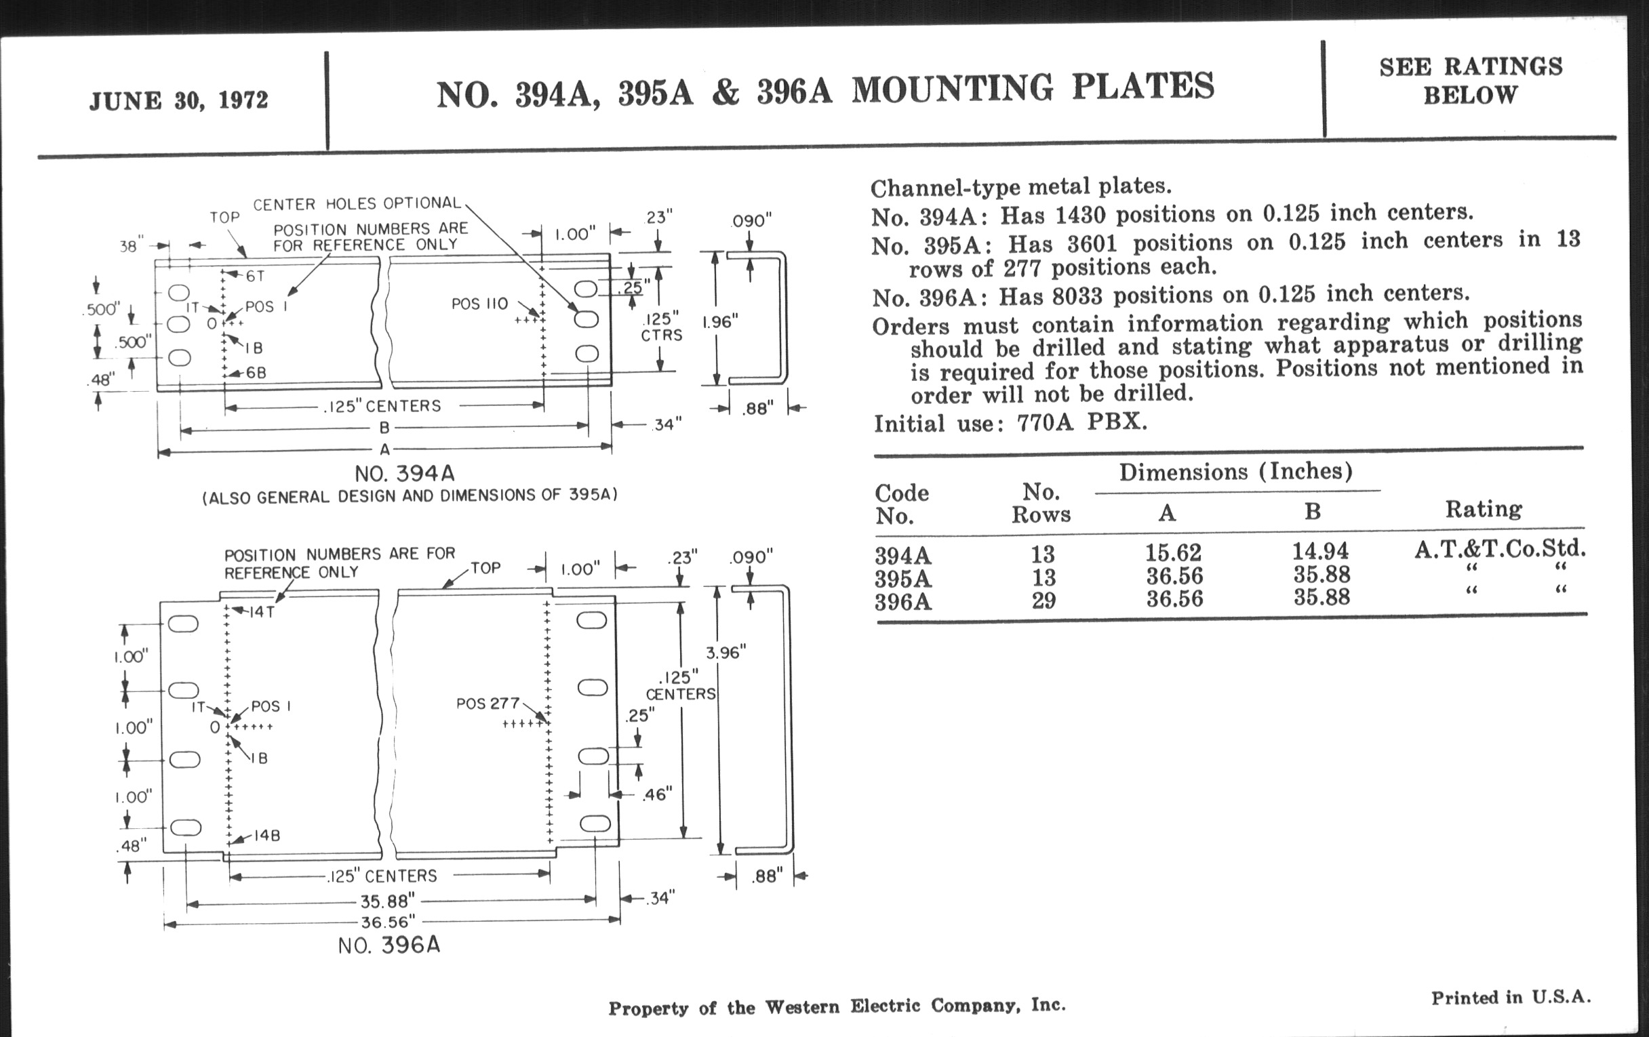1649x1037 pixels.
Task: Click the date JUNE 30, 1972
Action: pyautogui.click(x=179, y=100)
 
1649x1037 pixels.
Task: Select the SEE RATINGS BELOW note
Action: pyautogui.click(x=1470, y=81)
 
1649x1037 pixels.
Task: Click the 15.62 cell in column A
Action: pyautogui.click(x=1173, y=552)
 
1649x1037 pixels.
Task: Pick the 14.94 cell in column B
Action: pyautogui.click(x=1319, y=550)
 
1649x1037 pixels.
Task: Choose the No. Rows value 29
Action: pyautogui.click(x=1043, y=601)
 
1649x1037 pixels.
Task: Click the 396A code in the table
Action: pyautogui.click(x=902, y=602)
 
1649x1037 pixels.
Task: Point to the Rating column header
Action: pyautogui.click(x=1484, y=508)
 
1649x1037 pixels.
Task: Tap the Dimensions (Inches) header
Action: pyautogui.click(x=1235, y=472)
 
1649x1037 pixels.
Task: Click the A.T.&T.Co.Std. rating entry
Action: pyautogui.click(x=1500, y=548)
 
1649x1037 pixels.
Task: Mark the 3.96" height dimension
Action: pyautogui.click(x=726, y=652)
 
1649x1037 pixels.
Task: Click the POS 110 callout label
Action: pyautogui.click(x=479, y=303)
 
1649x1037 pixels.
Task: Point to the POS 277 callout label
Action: pyautogui.click(x=488, y=704)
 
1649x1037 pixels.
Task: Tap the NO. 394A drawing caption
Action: pyautogui.click(x=405, y=473)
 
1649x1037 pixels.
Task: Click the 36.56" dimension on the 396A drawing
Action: pyautogui.click(x=388, y=922)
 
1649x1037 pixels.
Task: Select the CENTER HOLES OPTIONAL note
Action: pyautogui.click(x=357, y=204)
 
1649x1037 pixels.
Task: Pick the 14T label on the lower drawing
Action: pyautogui.click(x=261, y=611)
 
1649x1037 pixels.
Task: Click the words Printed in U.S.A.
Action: pyautogui.click(x=1511, y=997)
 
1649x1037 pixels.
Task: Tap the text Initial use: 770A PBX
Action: pyautogui.click(x=1010, y=423)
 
